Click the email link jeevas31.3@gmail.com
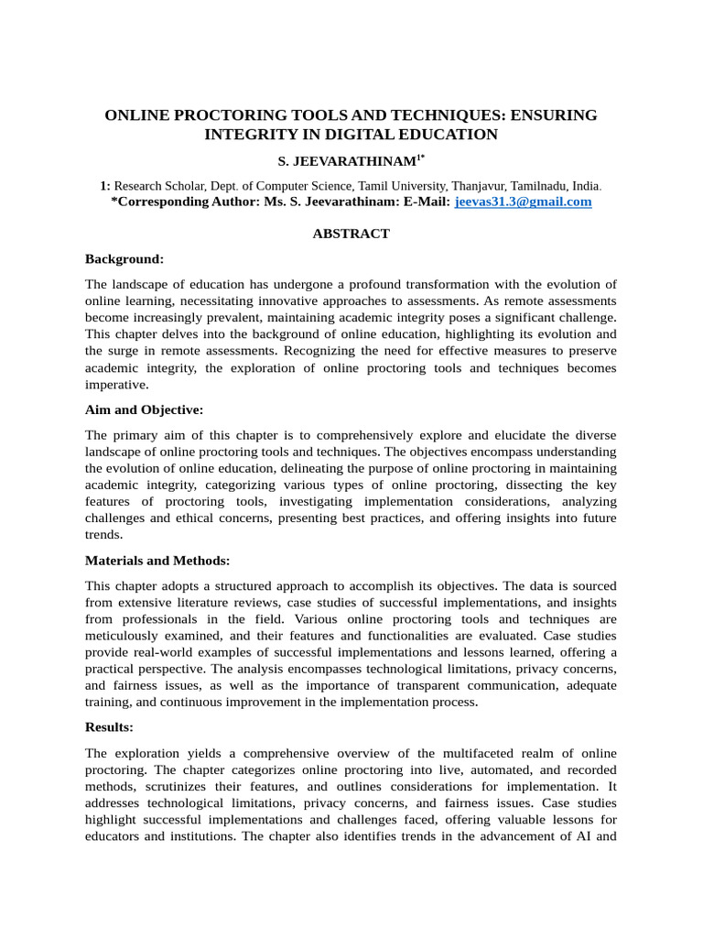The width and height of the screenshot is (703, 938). pyautogui.click(x=523, y=202)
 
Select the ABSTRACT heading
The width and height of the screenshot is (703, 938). pyautogui.click(x=351, y=234)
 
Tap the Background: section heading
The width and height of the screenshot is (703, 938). pyautogui.click(x=124, y=259)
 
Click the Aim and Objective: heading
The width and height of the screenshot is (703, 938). pyautogui.click(x=144, y=409)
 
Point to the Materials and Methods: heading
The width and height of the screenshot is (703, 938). pyautogui.click(x=157, y=560)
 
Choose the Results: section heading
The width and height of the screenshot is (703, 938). pyautogui.click(x=109, y=726)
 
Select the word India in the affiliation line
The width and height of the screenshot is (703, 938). pyautogui.click(x=584, y=185)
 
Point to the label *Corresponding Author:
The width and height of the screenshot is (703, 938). pyautogui.click(x=184, y=202)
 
